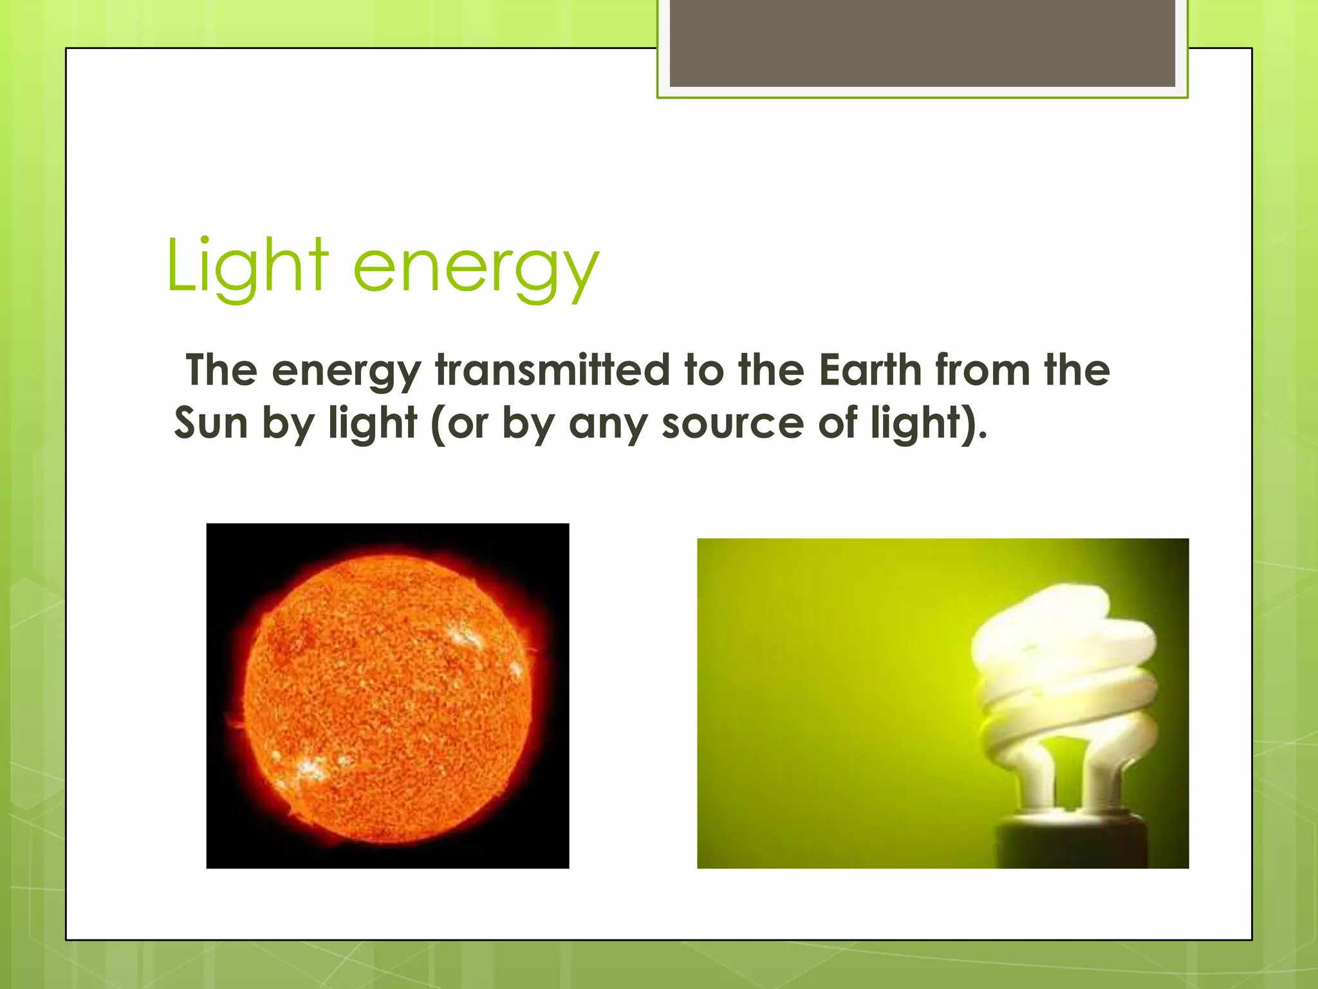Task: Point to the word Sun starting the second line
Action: (x=211, y=424)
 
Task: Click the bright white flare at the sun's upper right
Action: (x=466, y=637)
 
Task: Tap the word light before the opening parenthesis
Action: (x=373, y=424)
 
